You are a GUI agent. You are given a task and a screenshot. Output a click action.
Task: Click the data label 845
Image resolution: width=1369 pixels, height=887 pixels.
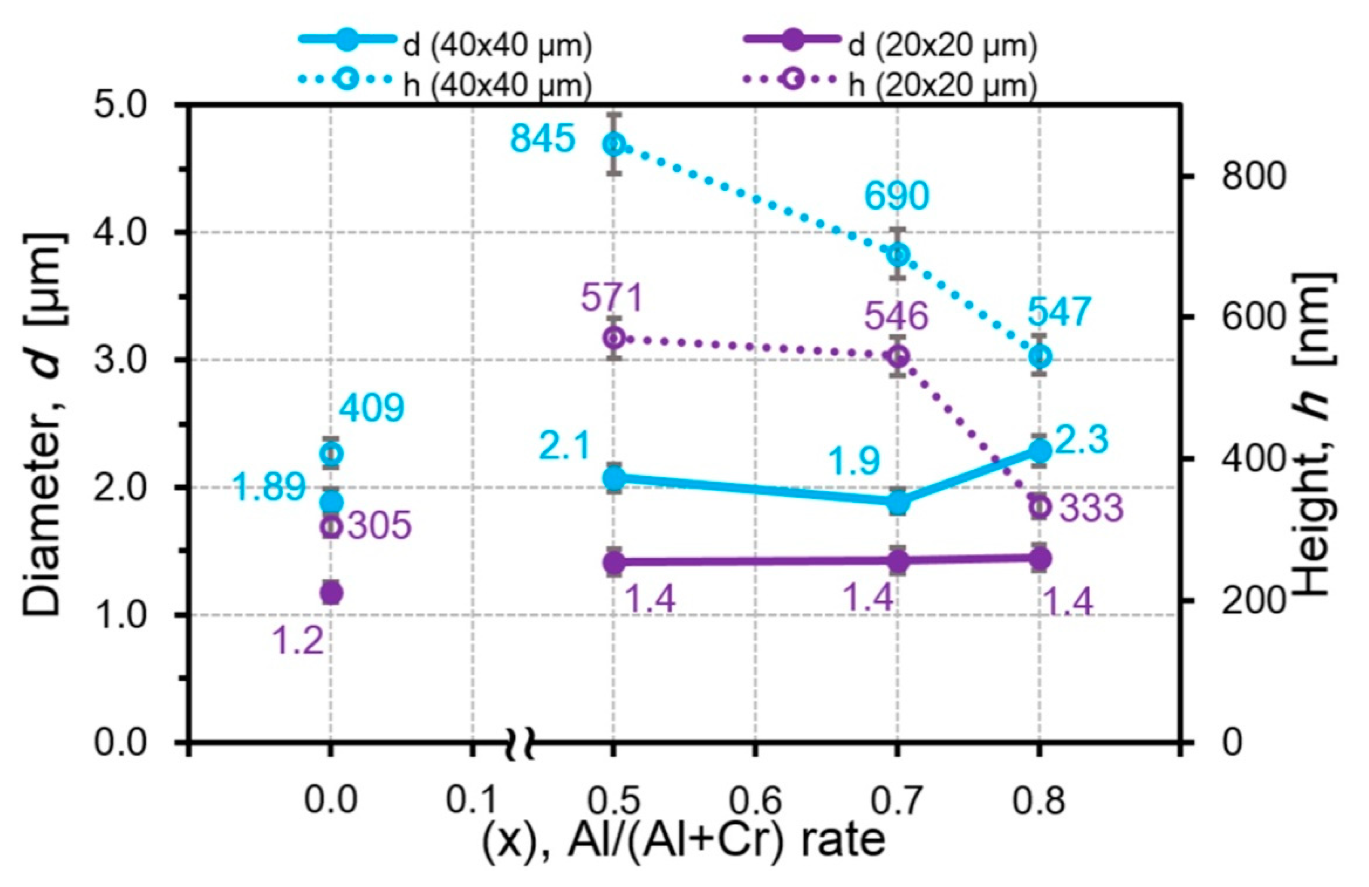(x=542, y=139)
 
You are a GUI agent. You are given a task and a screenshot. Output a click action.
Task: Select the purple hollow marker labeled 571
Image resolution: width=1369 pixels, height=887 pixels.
(x=614, y=338)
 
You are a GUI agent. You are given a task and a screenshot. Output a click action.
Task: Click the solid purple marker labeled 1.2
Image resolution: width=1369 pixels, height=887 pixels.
(x=331, y=591)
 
